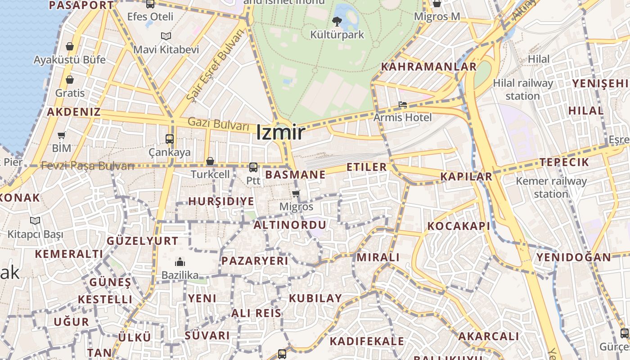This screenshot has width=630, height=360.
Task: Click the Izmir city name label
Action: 281,132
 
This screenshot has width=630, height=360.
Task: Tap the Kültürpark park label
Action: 337,35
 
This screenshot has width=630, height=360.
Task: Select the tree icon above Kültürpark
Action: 337,21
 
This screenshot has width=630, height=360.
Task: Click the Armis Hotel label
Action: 402,117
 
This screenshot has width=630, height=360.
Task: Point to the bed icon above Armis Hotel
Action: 402,105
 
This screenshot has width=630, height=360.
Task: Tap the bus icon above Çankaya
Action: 170,139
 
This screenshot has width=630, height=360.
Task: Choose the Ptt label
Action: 253,180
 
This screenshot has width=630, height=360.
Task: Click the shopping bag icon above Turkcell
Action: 210,161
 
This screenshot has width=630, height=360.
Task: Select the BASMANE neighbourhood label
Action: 295,175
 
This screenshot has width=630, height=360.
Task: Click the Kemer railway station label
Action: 551,188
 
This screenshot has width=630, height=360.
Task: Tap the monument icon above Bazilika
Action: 180,262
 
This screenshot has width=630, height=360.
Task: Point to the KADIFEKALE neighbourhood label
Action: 367,341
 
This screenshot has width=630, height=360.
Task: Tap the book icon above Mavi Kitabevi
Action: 166,36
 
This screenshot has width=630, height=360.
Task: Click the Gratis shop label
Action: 70,93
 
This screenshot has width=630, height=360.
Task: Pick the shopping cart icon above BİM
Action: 62,135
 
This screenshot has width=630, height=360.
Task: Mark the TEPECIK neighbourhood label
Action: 564,162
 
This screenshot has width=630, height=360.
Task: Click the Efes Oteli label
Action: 150,17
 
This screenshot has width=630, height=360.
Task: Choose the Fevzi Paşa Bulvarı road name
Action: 88,166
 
